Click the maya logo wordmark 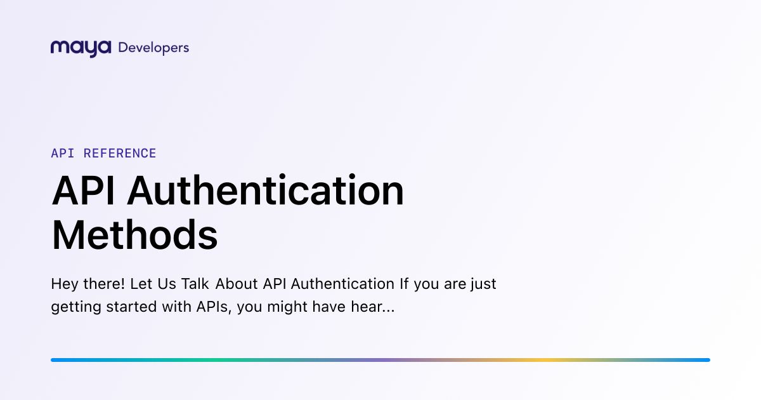click(81, 48)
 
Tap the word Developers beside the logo click(153, 48)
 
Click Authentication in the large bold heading click(266, 191)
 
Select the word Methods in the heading click(134, 235)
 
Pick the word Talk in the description click(195, 284)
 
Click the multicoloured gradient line click(380, 360)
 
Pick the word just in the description click(483, 284)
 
